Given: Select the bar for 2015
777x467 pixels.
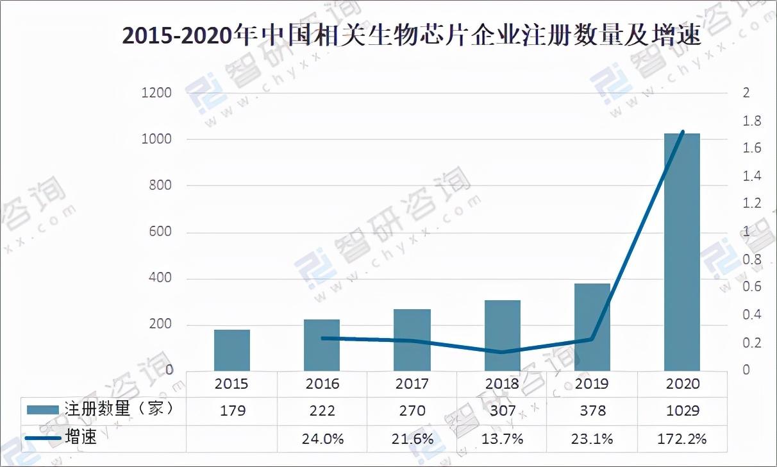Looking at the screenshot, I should [x=231, y=350].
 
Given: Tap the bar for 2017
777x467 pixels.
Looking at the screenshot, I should [x=412, y=339].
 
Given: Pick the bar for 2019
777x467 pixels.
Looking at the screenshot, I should [x=592, y=327].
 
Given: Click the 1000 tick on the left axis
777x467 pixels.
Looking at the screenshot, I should [x=156, y=139].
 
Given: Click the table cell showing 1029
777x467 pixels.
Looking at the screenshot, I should [x=682, y=411].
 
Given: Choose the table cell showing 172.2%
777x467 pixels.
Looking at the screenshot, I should [x=682, y=439].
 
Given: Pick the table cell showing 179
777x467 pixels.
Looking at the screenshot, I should [x=231, y=411].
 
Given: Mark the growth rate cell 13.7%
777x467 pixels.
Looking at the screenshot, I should [x=502, y=439].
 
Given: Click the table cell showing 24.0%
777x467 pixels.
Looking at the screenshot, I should [x=322, y=439].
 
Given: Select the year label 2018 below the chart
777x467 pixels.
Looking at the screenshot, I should [x=502, y=384].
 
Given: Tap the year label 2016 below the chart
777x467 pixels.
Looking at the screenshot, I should [x=322, y=384].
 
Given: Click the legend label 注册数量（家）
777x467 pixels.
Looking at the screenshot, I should [x=119, y=409].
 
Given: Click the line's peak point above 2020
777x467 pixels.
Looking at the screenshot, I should [x=683, y=132].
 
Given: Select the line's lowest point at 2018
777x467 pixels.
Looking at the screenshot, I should [x=502, y=352].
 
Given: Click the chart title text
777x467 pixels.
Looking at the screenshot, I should [x=412, y=37].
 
